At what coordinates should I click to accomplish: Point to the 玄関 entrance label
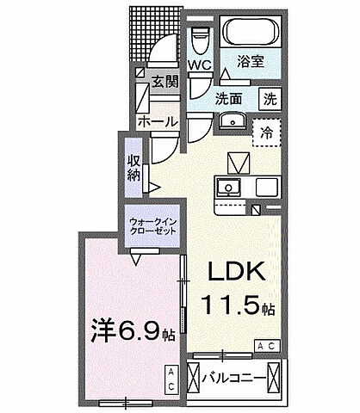point(164,83)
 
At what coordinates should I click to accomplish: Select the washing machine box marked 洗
point(270,98)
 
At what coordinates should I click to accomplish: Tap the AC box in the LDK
point(265,344)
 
